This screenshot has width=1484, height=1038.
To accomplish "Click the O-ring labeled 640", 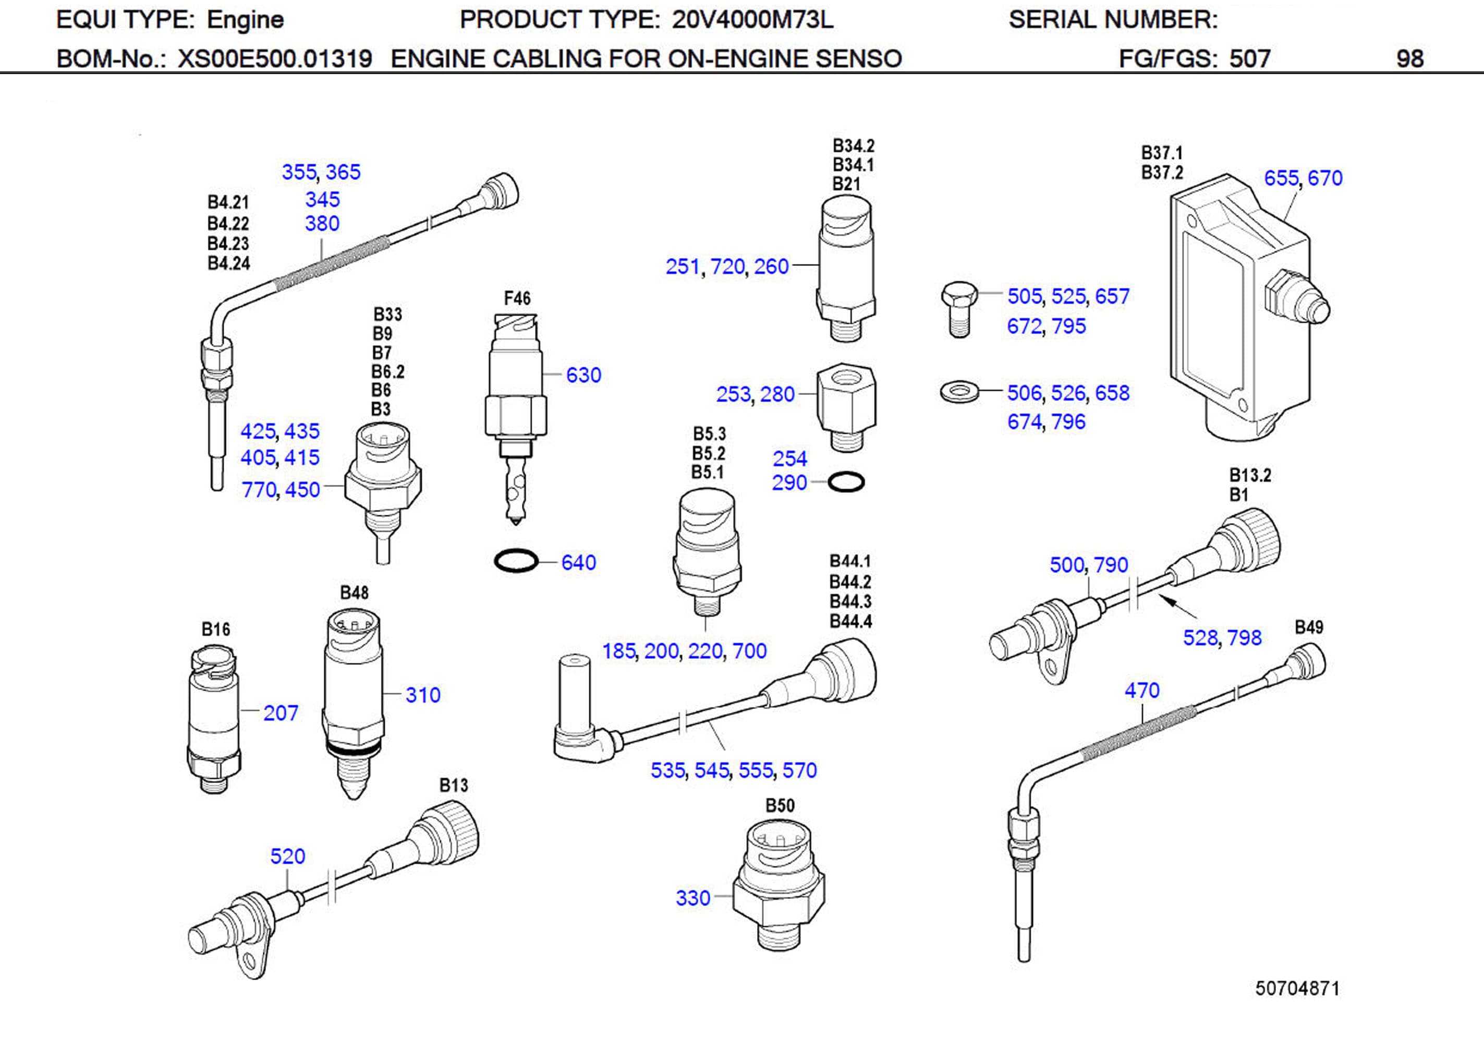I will pos(516,560).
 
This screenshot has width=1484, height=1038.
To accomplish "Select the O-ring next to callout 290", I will pos(845,482).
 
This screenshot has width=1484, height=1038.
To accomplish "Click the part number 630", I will pos(583,375).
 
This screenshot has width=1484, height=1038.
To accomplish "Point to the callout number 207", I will pos(280,713).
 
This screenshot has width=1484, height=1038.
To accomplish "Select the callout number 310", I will pos(423,695).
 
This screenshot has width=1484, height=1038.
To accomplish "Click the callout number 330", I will pos(692,898).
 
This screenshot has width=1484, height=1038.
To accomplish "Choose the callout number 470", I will pos(1141,690).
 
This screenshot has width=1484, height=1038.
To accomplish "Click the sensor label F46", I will pos(517,298).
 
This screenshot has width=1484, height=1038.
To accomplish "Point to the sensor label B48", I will pos(354,593).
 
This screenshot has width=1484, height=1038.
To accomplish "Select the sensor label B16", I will pos(215,629).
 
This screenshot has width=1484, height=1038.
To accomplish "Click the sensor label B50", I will pos(780,805).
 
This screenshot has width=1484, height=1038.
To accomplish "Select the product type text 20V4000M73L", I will pos(752,20).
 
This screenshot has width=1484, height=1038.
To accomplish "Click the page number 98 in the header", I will pos(1409,59).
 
